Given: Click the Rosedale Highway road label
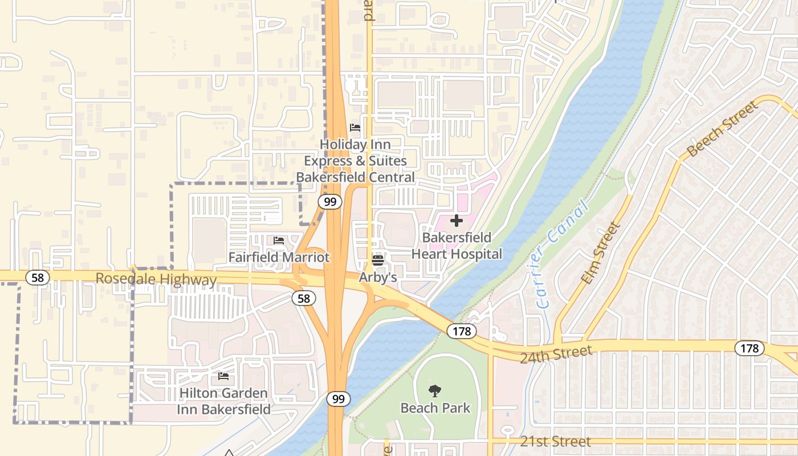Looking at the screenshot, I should [x=156, y=279].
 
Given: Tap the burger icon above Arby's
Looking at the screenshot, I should [x=377, y=260].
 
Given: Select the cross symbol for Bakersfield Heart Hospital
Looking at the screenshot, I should [x=457, y=221].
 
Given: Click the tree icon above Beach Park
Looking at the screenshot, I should [x=435, y=391].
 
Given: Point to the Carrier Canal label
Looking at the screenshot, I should [x=562, y=254].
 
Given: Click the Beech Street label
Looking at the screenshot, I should [x=723, y=129].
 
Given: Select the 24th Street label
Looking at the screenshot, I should [x=556, y=353].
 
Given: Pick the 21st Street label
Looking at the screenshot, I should [x=555, y=442].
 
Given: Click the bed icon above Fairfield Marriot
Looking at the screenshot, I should [x=279, y=241].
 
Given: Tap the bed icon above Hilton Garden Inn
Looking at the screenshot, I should [x=223, y=376].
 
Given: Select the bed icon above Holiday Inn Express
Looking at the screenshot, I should [x=355, y=127].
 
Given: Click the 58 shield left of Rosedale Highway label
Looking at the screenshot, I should [x=38, y=277].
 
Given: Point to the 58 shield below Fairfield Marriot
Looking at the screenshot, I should [x=304, y=298].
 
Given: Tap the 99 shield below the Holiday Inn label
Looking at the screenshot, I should [x=330, y=202].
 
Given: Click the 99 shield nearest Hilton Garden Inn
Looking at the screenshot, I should [x=339, y=399].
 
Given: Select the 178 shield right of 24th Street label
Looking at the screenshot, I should [x=749, y=348].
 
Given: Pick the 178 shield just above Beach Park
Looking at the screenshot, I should [x=461, y=331].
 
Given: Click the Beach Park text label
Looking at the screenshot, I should [x=435, y=408].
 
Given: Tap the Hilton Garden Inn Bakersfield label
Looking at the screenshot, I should [x=223, y=401].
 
